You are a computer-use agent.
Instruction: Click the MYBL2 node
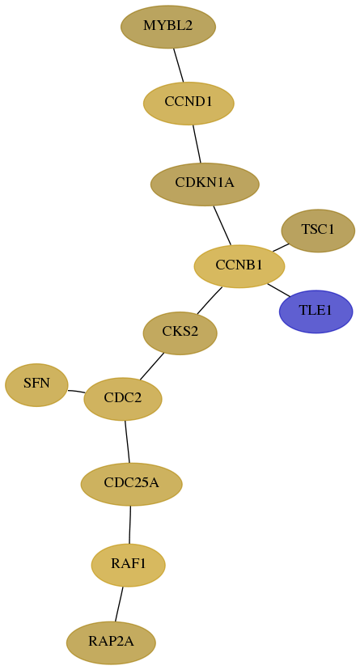pyautogui.click(x=168, y=27)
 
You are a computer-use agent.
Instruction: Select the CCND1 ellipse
pyautogui.click(x=188, y=103)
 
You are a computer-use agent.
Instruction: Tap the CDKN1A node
pyautogui.click(x=205, y=184)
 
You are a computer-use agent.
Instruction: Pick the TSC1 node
pyautogui.click(x=318, y=231)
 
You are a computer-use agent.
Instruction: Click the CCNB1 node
pyautogui.click(x=239, y=266)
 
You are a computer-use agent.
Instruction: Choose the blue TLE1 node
pyautogui.click(x=316, y=312)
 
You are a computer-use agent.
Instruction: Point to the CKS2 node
pyautogui.click(x=180, y=333)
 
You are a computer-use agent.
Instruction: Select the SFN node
pyautogui.click(x=36, y=384)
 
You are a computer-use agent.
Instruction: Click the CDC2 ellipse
pyautogui.click(x=123, y=399)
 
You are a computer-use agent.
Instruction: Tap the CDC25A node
pyautogui.click(x=132, y=484)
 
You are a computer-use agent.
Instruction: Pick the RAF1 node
pyautogui.click(x=128, y=565)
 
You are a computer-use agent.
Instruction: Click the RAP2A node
pyautogui.click(x=111, y=642)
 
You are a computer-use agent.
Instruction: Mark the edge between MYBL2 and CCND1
pyautogui.click(x=179, y=65)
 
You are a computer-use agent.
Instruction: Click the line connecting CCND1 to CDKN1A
pyautogui.click(x=197, y=143)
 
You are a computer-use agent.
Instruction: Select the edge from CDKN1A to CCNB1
pyautogui.click(x=222, y=225)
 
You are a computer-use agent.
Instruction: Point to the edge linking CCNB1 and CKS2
pyautogui.click(x=210, y=300)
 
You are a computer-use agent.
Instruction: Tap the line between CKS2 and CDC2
pyautogui.click(x=151, y=366)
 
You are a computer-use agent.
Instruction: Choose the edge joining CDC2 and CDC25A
pyautogui.click(x=127, y=441)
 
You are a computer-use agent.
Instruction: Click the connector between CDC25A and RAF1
pyautogui.click(x=129, y=524)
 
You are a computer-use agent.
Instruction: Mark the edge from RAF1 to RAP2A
pyautogui.click(x=119, y=604)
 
